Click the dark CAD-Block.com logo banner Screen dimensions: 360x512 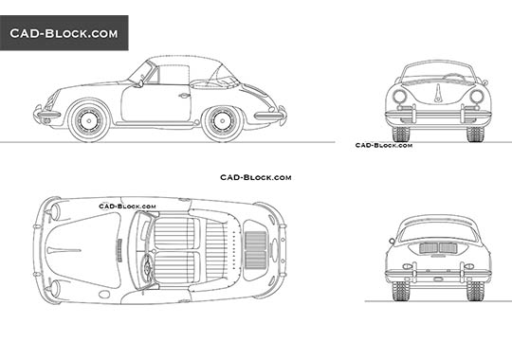64,33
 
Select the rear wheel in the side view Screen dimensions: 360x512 224,119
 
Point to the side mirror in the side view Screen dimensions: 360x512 142,84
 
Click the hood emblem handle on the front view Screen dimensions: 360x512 438,92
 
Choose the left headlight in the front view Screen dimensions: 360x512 399,97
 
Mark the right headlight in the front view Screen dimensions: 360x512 477,97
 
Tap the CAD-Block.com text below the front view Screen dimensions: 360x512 383,145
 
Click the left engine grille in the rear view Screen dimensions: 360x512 428,247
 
